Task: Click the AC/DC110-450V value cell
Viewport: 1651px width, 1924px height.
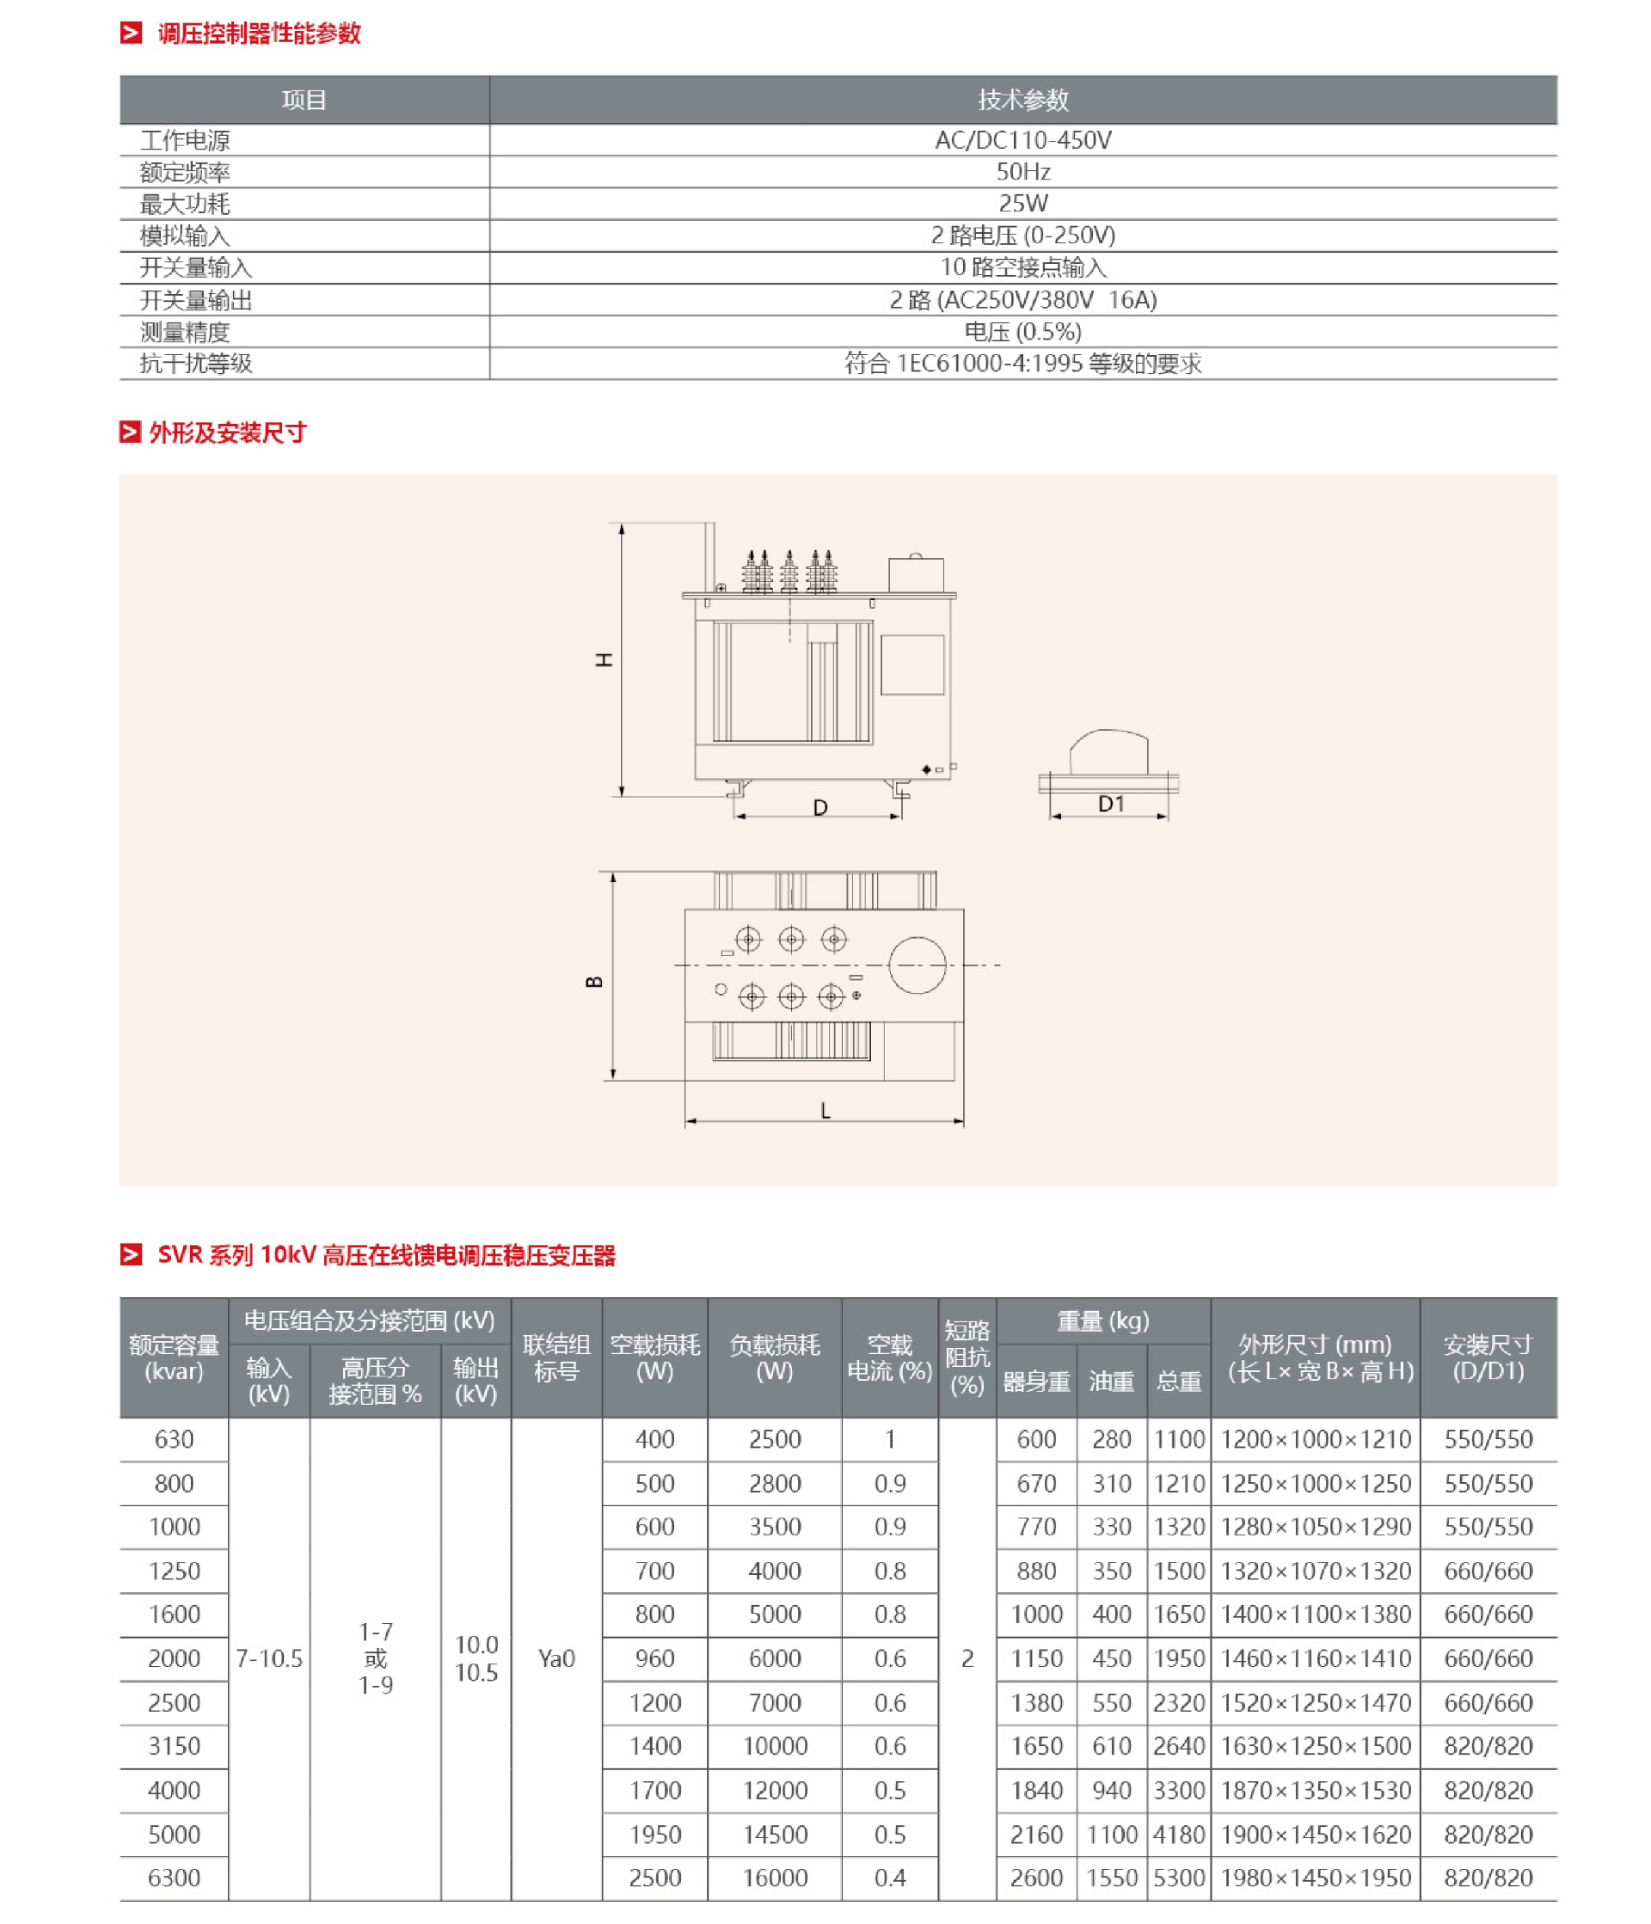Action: (1022, 140)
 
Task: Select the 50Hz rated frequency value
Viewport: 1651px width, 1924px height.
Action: (1022, 172)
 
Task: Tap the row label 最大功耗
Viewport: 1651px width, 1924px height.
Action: (185, 205)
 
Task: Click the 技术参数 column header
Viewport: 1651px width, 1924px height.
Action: (1022, 100)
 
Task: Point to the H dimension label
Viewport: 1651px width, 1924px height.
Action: (605, 660)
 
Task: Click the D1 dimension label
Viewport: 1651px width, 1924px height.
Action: (1111, 804)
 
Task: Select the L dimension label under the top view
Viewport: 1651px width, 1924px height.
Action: (825, 1112)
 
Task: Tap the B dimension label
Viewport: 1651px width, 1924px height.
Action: (595, 983)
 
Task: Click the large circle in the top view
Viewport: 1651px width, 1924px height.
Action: (917, 965)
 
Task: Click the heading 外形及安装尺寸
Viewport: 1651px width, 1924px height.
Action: (228, 432)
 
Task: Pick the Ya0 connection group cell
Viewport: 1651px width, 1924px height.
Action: (556, 1659)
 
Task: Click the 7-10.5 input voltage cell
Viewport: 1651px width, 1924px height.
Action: (269, 1659)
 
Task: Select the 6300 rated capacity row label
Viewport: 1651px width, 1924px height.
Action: (174, 1878)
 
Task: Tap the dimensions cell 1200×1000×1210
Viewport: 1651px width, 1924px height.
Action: (1315, 1440)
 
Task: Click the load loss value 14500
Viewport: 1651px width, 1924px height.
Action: (775, 1835)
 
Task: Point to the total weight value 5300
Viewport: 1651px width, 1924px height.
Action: (1178, 1878)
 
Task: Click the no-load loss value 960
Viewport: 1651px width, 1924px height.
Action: (654, 1659)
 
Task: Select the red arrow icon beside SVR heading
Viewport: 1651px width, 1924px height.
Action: (131, 1255)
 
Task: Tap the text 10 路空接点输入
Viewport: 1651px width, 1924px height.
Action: (1022, 268)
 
